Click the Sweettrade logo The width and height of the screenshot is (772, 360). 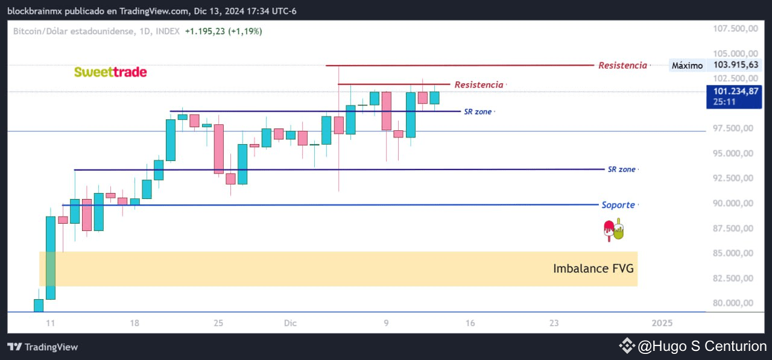(110, 72)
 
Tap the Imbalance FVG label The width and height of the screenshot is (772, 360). (593, 268)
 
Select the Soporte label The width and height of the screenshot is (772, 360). (618, 205)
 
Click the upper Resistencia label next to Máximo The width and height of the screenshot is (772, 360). (622, 65)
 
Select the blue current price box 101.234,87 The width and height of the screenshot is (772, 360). (733, 96)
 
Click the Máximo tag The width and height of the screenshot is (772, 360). (687, 66)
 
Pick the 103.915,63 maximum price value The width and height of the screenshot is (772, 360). (736, 65)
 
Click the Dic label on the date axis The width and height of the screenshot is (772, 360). (291, 323)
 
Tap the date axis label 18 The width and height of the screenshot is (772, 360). (134, 323)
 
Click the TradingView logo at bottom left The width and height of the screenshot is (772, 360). (43, 347)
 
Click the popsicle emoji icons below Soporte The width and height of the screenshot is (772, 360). (613, 230)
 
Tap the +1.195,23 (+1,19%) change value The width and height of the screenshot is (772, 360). (223, 31)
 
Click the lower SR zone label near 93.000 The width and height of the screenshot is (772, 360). (621, 169)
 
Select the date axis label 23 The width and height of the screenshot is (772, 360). (554, 323)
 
